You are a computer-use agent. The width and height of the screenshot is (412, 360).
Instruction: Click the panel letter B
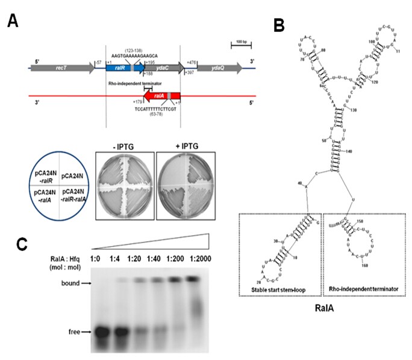(279, 25)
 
